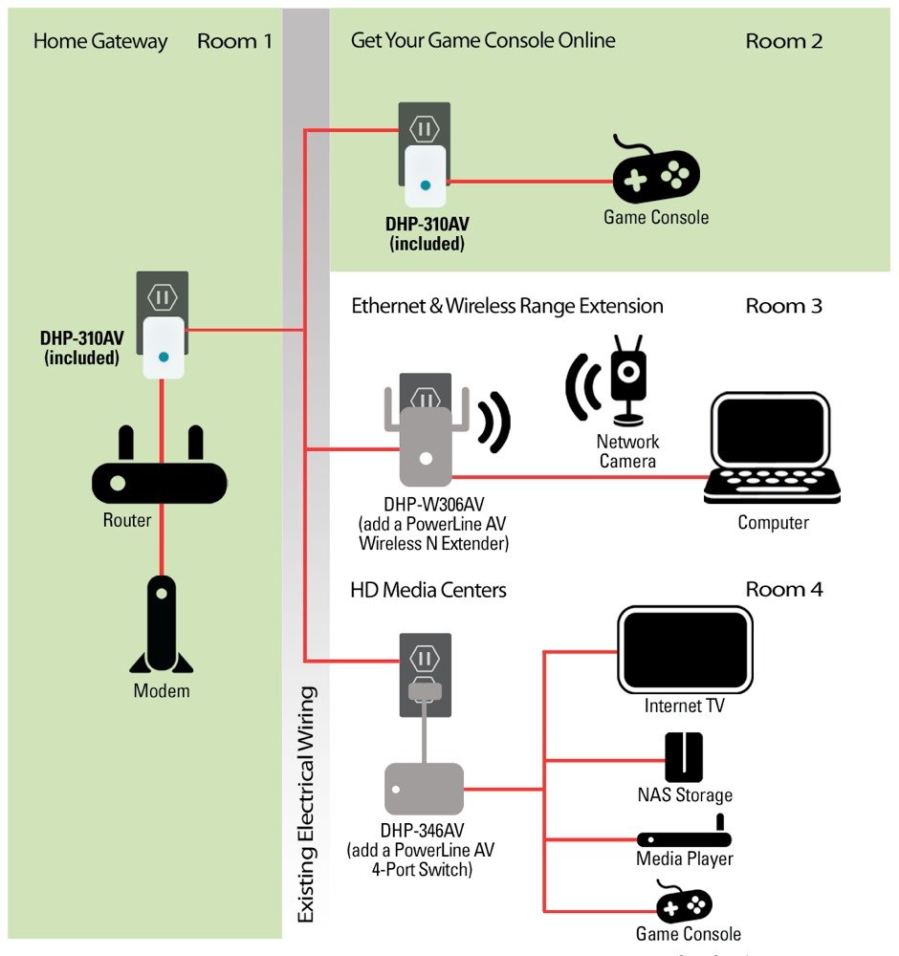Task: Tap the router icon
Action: click(160, 478)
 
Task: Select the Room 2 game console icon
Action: click(655, 173)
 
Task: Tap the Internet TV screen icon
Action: click(684, 650)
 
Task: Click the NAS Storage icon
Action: click(684, 756)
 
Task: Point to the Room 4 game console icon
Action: click(684, 902)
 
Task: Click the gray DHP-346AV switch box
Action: click(424, 789)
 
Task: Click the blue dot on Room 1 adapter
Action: click(164, 357)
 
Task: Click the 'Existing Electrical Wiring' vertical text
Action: click(305, 803)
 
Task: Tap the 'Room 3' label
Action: click(783, 306)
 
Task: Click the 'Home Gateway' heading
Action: click(99, 41)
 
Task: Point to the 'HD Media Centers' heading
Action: click(428, 590)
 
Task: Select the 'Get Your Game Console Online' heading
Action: click(483, 40)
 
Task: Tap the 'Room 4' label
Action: click(783, 589)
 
